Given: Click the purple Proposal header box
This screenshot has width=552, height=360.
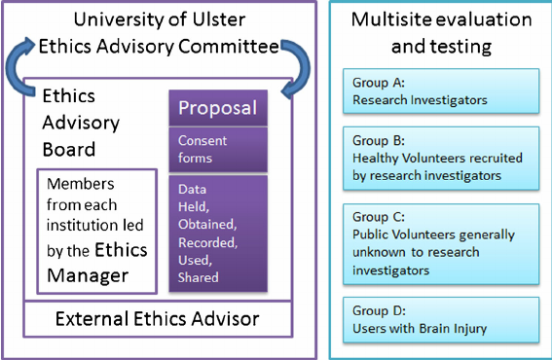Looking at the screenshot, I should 217,108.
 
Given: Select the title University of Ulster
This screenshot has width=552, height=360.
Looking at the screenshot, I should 160,20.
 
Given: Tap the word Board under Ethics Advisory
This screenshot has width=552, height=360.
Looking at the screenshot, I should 69,149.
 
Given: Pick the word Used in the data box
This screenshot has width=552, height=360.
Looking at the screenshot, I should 195,262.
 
